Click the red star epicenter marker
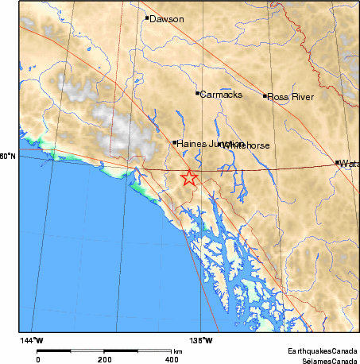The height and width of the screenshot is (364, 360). tap(189, 177)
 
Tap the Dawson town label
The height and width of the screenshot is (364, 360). tap(167, 18)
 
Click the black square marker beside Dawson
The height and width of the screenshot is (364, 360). tap(147, 17)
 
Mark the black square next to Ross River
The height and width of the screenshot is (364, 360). tap(265, 96)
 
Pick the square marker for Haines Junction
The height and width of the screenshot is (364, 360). tap(175, 143)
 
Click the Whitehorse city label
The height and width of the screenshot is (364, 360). tap(248, 146)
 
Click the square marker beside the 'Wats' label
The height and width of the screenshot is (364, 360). tap(338, 162)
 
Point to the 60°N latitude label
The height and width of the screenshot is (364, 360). tap(8, 157)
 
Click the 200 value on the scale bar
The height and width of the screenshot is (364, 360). tap(105, 359)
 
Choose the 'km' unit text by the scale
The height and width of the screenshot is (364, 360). tap(178, 350)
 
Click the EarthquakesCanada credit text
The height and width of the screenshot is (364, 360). tap(323, 350)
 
